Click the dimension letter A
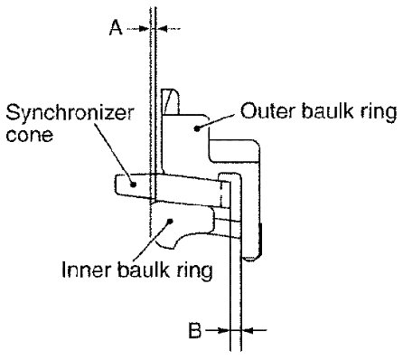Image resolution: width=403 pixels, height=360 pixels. [116, 27]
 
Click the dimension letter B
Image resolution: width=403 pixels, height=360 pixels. [195, 330]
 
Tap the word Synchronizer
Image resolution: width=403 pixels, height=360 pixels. [70, 113]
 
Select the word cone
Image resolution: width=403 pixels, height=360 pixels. [30, 135]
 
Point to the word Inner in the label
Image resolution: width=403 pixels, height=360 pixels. [87, 269]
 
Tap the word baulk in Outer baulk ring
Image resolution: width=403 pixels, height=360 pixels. [326, 110]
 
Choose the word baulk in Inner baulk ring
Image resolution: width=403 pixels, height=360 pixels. [144, 269]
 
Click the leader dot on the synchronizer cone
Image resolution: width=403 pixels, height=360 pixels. [133, 184]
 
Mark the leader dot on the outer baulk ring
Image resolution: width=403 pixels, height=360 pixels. [197, 128]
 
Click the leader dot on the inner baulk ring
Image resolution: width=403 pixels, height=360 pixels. [171, 221]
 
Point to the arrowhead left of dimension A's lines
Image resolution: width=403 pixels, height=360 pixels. [144, 29]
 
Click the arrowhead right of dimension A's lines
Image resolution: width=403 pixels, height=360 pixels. [161, 29]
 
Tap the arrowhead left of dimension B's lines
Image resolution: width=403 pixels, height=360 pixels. [223, 330]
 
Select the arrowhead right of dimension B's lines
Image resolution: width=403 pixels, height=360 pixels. [248, 330]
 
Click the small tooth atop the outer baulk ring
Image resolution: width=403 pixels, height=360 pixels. [171, 101]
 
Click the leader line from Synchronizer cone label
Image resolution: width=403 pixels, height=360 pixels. [115, 152]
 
